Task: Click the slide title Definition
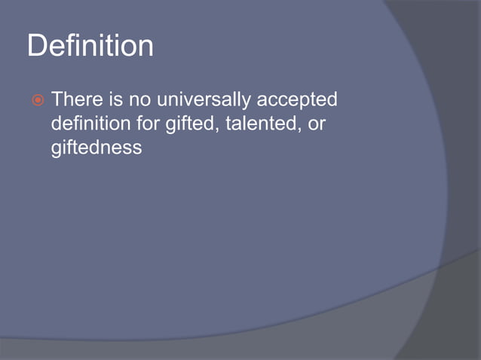90,46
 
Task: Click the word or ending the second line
317,124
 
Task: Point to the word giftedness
96,147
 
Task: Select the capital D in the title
37,46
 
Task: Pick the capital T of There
57,99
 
